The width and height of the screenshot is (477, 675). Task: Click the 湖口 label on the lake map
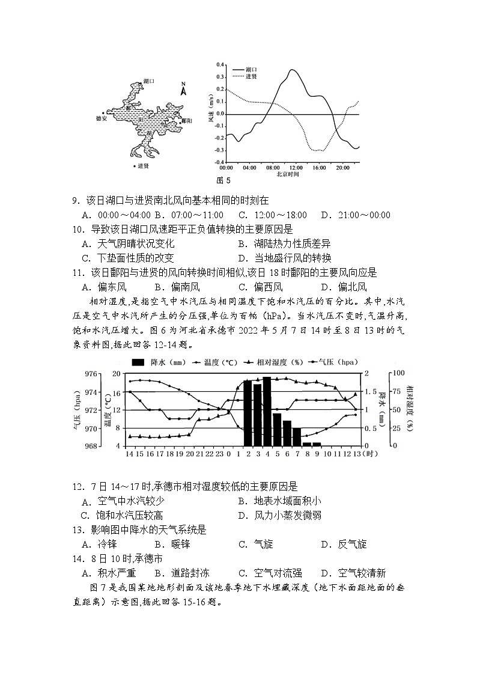tap(149, 81)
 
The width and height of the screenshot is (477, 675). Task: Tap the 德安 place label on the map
tap(100, 118)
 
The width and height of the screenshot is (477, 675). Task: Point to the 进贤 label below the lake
tap(142, 166)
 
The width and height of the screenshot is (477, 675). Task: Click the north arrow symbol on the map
tap(184, 90)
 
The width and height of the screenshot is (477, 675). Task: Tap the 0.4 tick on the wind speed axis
tap(220, 64)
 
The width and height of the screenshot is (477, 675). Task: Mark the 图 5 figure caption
tap(223, 180)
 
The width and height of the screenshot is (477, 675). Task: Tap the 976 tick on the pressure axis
tap(93, 374)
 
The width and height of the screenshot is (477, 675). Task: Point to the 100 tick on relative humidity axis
tap(396, 374)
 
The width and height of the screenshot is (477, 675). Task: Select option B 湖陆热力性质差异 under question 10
tap(284, 243)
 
